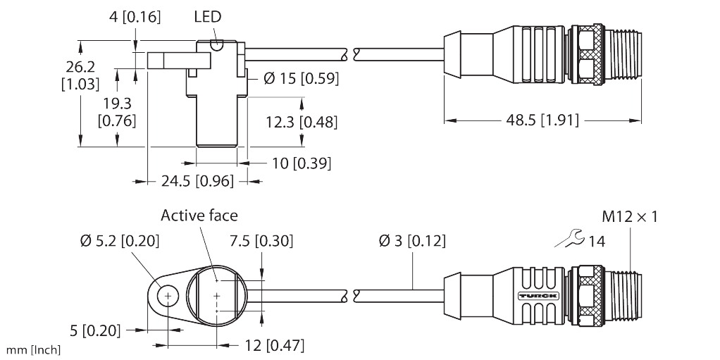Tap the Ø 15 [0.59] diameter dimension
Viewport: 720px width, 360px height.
(x=301, y=79)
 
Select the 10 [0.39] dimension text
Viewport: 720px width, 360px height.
(x=301, y=163)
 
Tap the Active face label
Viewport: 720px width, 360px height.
(x=199, y=215)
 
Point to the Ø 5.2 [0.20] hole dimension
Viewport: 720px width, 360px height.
(x=118, y=242)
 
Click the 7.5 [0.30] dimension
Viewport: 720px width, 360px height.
(x=261, y=241)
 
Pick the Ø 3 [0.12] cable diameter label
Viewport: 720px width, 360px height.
(x=412, y=242)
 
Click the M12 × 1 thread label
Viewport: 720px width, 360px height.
(x=630, y=216)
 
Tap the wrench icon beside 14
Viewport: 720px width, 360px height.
(x=569, y=240)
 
